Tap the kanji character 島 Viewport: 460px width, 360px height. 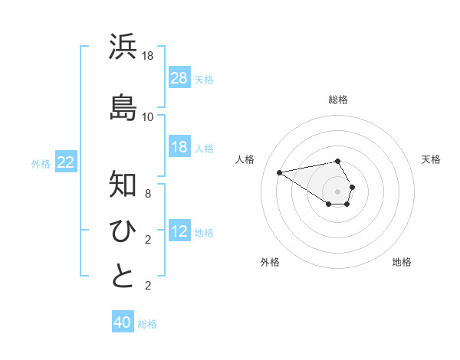coord(123,106)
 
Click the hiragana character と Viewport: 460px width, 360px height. coord(123,277)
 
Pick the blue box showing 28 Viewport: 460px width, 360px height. coord(179,78)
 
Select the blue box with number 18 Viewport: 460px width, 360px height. coord(179,148)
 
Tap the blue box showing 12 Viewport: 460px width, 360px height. coord(179,231)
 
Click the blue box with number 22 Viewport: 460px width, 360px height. coord(65,162)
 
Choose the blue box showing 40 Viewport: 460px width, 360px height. coord(123,322)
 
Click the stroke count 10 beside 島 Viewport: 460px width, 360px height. coord(148,116)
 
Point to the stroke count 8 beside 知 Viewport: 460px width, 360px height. coord(148,194)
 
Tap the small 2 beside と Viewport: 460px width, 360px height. coord(148,286)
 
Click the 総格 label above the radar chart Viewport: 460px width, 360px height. coord(338,100)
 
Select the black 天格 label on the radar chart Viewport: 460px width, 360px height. coord(431,159)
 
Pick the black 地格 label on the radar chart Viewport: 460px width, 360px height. coord(402,262)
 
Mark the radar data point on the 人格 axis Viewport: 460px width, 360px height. coord(280,172)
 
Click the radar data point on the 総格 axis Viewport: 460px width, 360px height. coord(338,161)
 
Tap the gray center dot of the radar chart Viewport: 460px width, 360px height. coord(338,191)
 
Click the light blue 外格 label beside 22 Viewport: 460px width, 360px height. coord(41,163)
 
